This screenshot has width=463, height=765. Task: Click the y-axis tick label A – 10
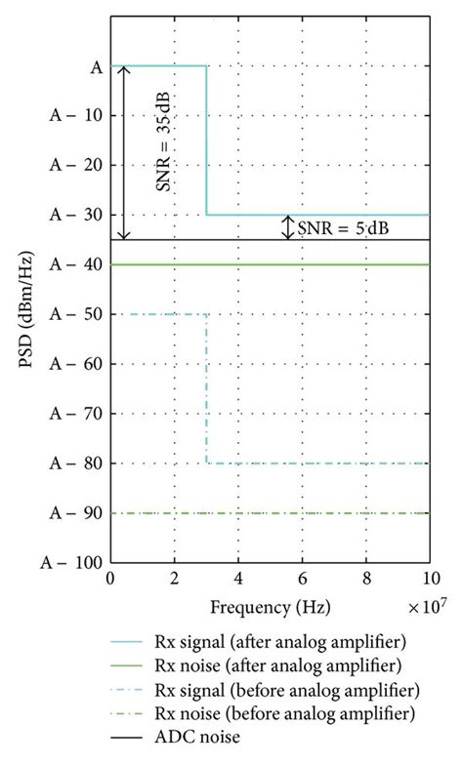[71, 115]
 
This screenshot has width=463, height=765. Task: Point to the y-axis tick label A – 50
[71, 314]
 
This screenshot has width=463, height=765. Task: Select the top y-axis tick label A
[96, 66]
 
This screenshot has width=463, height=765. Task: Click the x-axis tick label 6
[302, 581]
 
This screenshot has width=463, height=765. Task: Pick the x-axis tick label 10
[428, 581]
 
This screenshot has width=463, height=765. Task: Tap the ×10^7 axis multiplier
[428, 606]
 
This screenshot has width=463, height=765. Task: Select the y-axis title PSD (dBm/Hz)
[26, 314]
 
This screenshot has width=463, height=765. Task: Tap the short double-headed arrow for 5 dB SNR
[286, 227]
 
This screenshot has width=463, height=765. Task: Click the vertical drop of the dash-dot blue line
[206, 390]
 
